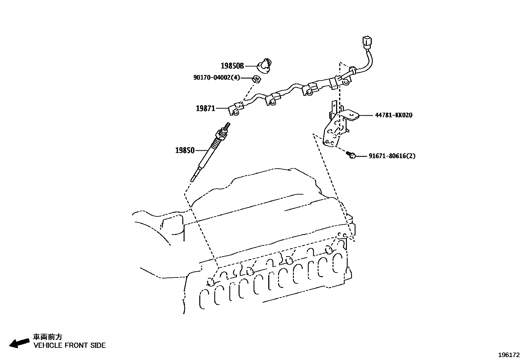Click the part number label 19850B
[232, 66]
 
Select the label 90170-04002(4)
[217, 78]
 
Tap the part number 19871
[205, 108]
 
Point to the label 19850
[185, 151]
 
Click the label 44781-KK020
[393, 115]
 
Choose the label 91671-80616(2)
[392, 156]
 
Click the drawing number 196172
[509, 355]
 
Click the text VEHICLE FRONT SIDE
[69, 345]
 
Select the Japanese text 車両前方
[47, 337]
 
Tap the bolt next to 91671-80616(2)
[351, 155]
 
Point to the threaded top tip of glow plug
[227, 125]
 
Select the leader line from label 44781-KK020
[366, 115]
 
